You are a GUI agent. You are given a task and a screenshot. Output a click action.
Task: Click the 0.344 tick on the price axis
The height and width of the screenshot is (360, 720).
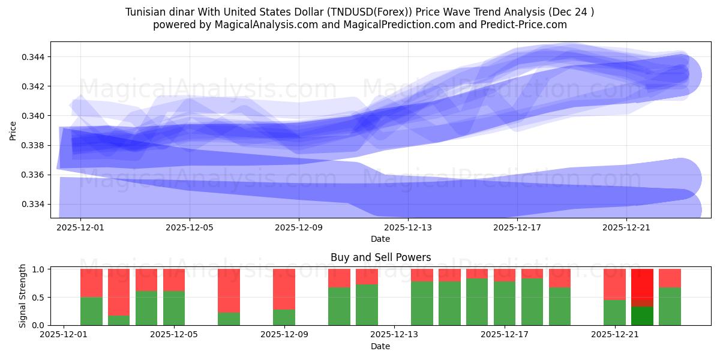34,57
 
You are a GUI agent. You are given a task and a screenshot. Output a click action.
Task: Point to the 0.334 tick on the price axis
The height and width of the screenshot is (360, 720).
34,204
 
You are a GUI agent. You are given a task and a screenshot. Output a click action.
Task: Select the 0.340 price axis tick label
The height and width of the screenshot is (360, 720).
34,116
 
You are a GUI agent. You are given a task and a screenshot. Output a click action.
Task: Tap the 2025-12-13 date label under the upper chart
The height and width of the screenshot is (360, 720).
408,227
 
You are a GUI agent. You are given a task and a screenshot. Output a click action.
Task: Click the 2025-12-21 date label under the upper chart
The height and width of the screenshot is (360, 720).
626,227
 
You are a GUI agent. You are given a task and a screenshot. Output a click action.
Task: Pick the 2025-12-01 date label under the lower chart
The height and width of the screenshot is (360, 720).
64,335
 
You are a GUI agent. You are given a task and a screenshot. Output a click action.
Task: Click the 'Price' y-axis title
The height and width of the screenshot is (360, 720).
13,130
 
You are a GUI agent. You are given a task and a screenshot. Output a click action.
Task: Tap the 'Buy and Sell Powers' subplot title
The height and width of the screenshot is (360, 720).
380,257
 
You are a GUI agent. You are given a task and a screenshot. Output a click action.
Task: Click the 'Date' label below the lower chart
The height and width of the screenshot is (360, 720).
380,346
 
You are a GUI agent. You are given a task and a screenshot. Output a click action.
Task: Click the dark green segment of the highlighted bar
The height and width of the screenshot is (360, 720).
642,316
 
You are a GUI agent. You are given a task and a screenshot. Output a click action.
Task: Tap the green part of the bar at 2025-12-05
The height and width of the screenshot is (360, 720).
174,308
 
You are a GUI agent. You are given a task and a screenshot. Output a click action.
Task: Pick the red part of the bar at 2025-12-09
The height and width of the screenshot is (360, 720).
284,289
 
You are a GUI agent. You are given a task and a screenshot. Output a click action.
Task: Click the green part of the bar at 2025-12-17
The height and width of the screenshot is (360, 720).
505,303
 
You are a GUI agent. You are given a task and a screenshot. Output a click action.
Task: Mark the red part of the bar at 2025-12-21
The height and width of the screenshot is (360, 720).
614,284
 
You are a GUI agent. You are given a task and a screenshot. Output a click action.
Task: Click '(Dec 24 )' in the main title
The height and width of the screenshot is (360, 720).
570,12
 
